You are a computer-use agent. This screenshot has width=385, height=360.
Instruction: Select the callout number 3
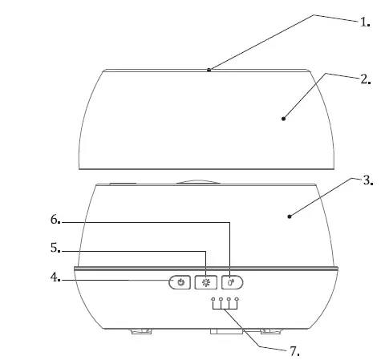click(367, 181)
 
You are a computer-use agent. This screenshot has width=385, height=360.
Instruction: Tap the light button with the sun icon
click(206, 282)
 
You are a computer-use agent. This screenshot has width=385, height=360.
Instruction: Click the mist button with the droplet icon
click(232, 282)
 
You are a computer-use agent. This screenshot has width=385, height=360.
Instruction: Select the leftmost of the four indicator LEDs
click(213, 301)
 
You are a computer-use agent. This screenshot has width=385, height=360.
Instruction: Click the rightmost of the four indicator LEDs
click(237, 301)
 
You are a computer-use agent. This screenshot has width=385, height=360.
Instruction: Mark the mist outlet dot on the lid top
click(209, 70)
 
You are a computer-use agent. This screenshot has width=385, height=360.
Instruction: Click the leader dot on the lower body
click(290, 215)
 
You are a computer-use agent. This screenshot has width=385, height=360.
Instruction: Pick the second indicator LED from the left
click(221, 301)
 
